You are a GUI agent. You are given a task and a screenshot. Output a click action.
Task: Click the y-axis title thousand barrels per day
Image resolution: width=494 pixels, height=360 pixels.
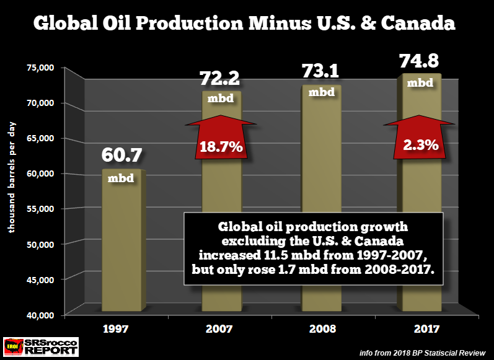(12, 177)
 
